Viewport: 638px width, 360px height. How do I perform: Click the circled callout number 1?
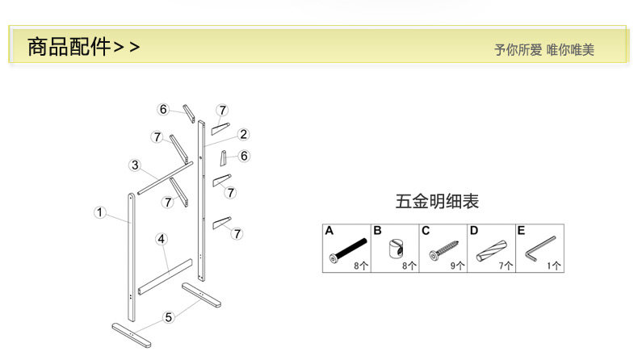(99, 213)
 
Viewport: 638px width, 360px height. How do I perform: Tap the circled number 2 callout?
(243, 135)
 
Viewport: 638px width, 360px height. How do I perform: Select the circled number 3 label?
(135, 165)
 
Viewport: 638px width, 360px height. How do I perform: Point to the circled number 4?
(162, 239)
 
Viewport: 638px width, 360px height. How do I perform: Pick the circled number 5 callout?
(168, 317)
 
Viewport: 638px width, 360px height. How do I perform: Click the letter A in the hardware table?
(329, 230)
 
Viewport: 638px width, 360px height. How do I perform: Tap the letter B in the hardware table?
(376, 230)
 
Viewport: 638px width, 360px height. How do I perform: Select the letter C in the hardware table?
(425, 230)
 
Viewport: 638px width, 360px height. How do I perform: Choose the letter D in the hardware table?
(473, 230)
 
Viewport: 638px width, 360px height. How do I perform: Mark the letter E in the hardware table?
(521, 230)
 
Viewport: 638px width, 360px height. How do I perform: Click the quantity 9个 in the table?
(458, 265)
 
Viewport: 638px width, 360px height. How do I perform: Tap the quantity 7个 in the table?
(506, 265)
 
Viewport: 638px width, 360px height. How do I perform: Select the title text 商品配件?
(69, 47)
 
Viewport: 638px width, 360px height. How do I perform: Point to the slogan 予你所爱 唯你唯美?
(544, 50)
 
